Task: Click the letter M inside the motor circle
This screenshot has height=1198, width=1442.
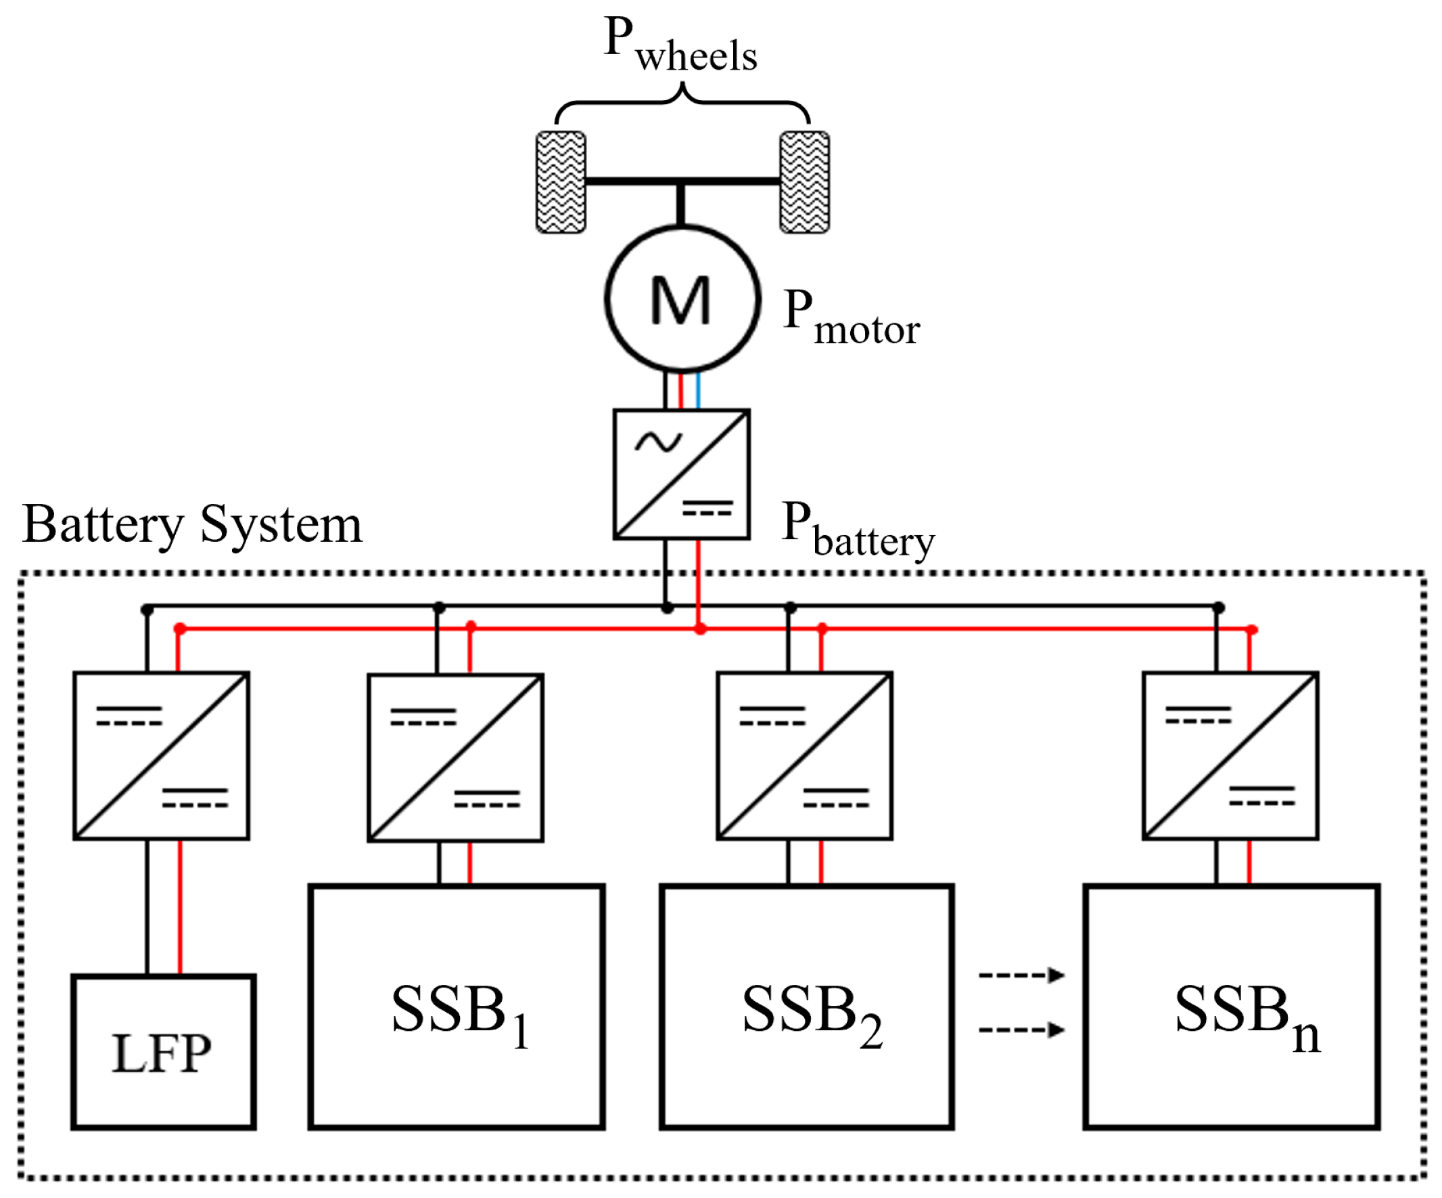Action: coord(680,300)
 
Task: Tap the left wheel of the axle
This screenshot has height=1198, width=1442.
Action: coord(560,182)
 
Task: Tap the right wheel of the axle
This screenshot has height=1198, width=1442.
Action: coord(804,182)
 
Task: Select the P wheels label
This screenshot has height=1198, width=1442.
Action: coord(680,45)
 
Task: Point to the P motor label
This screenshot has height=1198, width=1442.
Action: coord(850,317)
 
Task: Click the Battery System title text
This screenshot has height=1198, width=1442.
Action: coord(192,526)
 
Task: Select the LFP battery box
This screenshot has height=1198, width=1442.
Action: coord(164,1052)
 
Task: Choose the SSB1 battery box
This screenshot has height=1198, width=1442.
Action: coord(457,1007)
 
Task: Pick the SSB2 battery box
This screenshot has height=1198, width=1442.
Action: coord(807,1007)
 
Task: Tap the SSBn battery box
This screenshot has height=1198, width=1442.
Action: coord(1231,1007)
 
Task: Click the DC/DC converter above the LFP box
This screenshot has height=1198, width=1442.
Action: coord(162,756)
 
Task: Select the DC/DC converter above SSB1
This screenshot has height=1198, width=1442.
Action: coord(455,758)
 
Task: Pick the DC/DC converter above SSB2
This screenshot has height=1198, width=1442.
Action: coord(804,756)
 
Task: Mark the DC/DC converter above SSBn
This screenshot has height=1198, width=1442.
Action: coord(1230,756)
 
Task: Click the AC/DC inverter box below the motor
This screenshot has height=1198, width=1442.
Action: coord(681,474)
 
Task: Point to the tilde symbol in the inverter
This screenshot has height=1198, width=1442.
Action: coord(658,442)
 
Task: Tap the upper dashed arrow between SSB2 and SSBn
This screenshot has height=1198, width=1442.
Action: coord(1021,975)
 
